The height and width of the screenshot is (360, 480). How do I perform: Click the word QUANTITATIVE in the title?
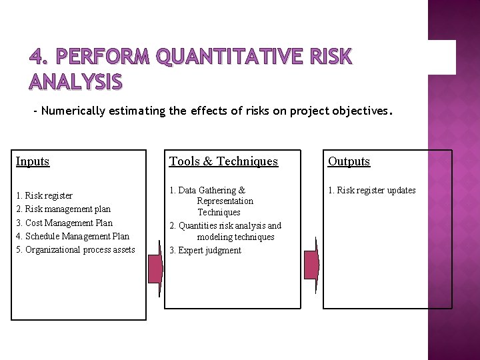[231, 58]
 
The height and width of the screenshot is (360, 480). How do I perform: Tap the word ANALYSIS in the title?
[75, 81]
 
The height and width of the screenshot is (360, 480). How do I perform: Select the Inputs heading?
[33, 161]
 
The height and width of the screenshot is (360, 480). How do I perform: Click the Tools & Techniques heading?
[223, 161]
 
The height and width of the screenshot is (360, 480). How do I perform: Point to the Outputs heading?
[349, 161]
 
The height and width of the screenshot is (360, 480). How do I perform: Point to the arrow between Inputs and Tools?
[155, 266]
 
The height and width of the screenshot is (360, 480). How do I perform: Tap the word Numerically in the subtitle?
[73, 111]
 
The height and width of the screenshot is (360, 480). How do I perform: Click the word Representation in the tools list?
[225, 201]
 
